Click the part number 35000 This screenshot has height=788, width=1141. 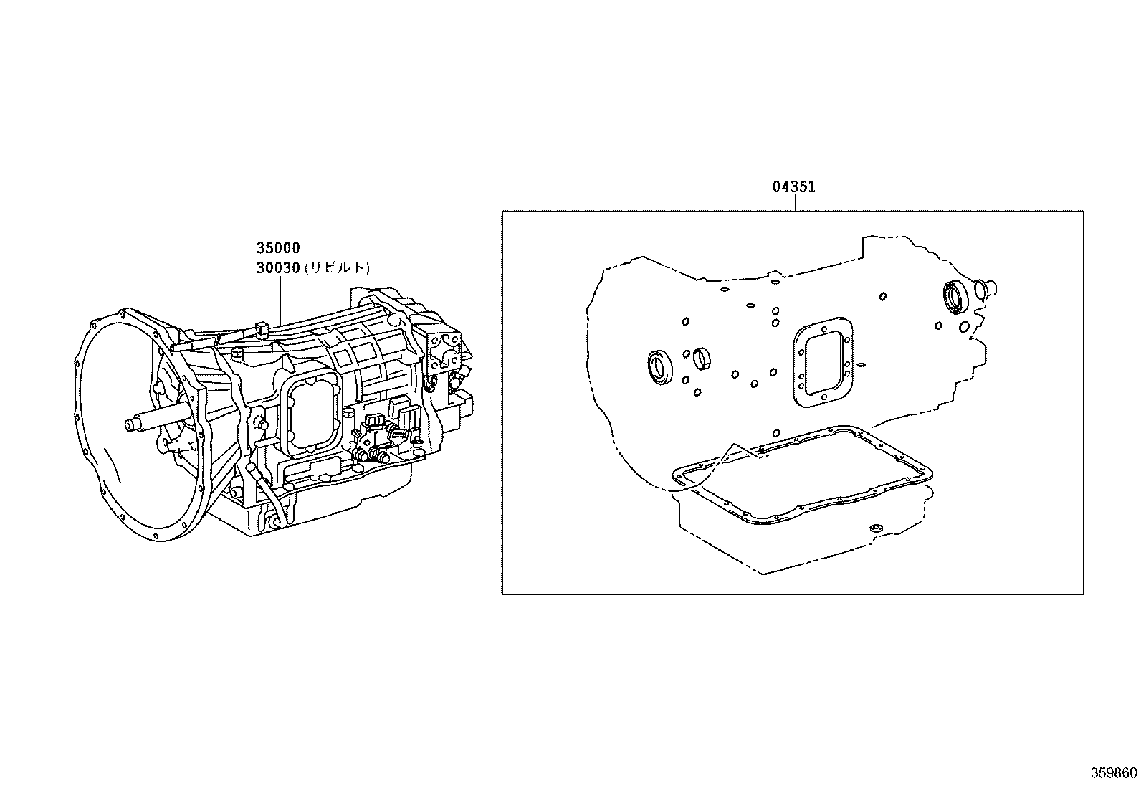[278, 248]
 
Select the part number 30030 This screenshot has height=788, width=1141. [278, 268]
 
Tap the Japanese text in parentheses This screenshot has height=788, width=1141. [337, 268]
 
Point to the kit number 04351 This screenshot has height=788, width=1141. [794, 187]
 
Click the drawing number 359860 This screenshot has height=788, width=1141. [1114, 773]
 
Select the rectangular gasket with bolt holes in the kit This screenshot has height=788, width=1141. [822, 363]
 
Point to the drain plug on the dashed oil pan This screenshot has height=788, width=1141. [874, 528]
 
